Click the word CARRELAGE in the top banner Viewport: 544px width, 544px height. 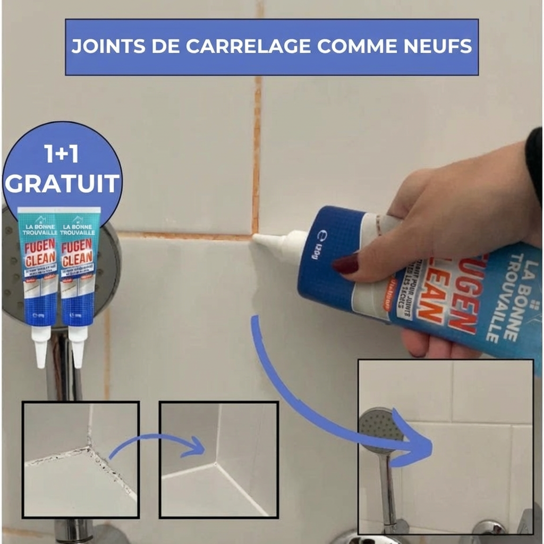tap(249, 46)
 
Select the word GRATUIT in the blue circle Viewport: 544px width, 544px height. tap(62, 183)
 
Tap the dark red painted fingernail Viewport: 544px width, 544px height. tap(346, 264)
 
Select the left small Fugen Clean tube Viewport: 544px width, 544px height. tap(38, 266)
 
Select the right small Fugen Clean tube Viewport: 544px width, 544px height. tap(78, 266)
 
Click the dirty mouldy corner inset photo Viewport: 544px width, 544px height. tap(81, 460)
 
